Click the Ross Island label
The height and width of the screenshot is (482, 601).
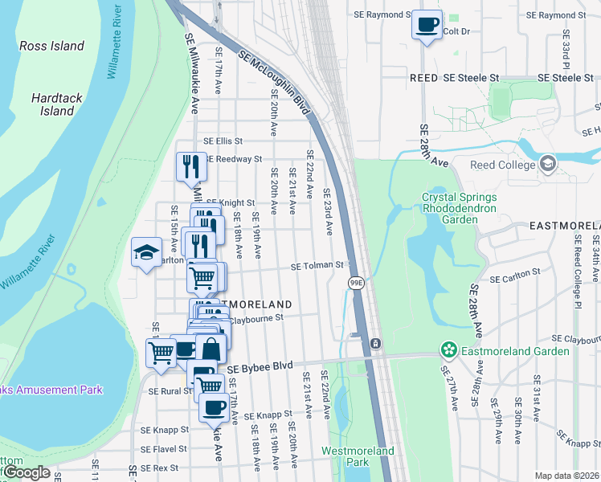[51, 46]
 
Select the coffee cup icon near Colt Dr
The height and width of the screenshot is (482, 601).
[427, 24]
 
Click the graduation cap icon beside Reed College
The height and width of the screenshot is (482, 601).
[548, 165]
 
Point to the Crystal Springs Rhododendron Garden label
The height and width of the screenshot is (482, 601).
[460, 207]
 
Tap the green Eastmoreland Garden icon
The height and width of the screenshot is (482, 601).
[448, 350]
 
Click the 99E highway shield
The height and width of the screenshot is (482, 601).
[356, 282]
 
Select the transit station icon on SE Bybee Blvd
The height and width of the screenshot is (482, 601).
[375, 344]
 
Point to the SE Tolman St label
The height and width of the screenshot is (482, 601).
[317, 265]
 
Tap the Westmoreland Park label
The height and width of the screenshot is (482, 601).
[358, 456]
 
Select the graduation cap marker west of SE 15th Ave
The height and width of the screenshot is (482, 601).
[146, 252]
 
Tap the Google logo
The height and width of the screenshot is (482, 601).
[26, 472]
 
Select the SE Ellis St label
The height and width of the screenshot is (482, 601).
[223, 141]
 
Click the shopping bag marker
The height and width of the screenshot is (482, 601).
[211, 350]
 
